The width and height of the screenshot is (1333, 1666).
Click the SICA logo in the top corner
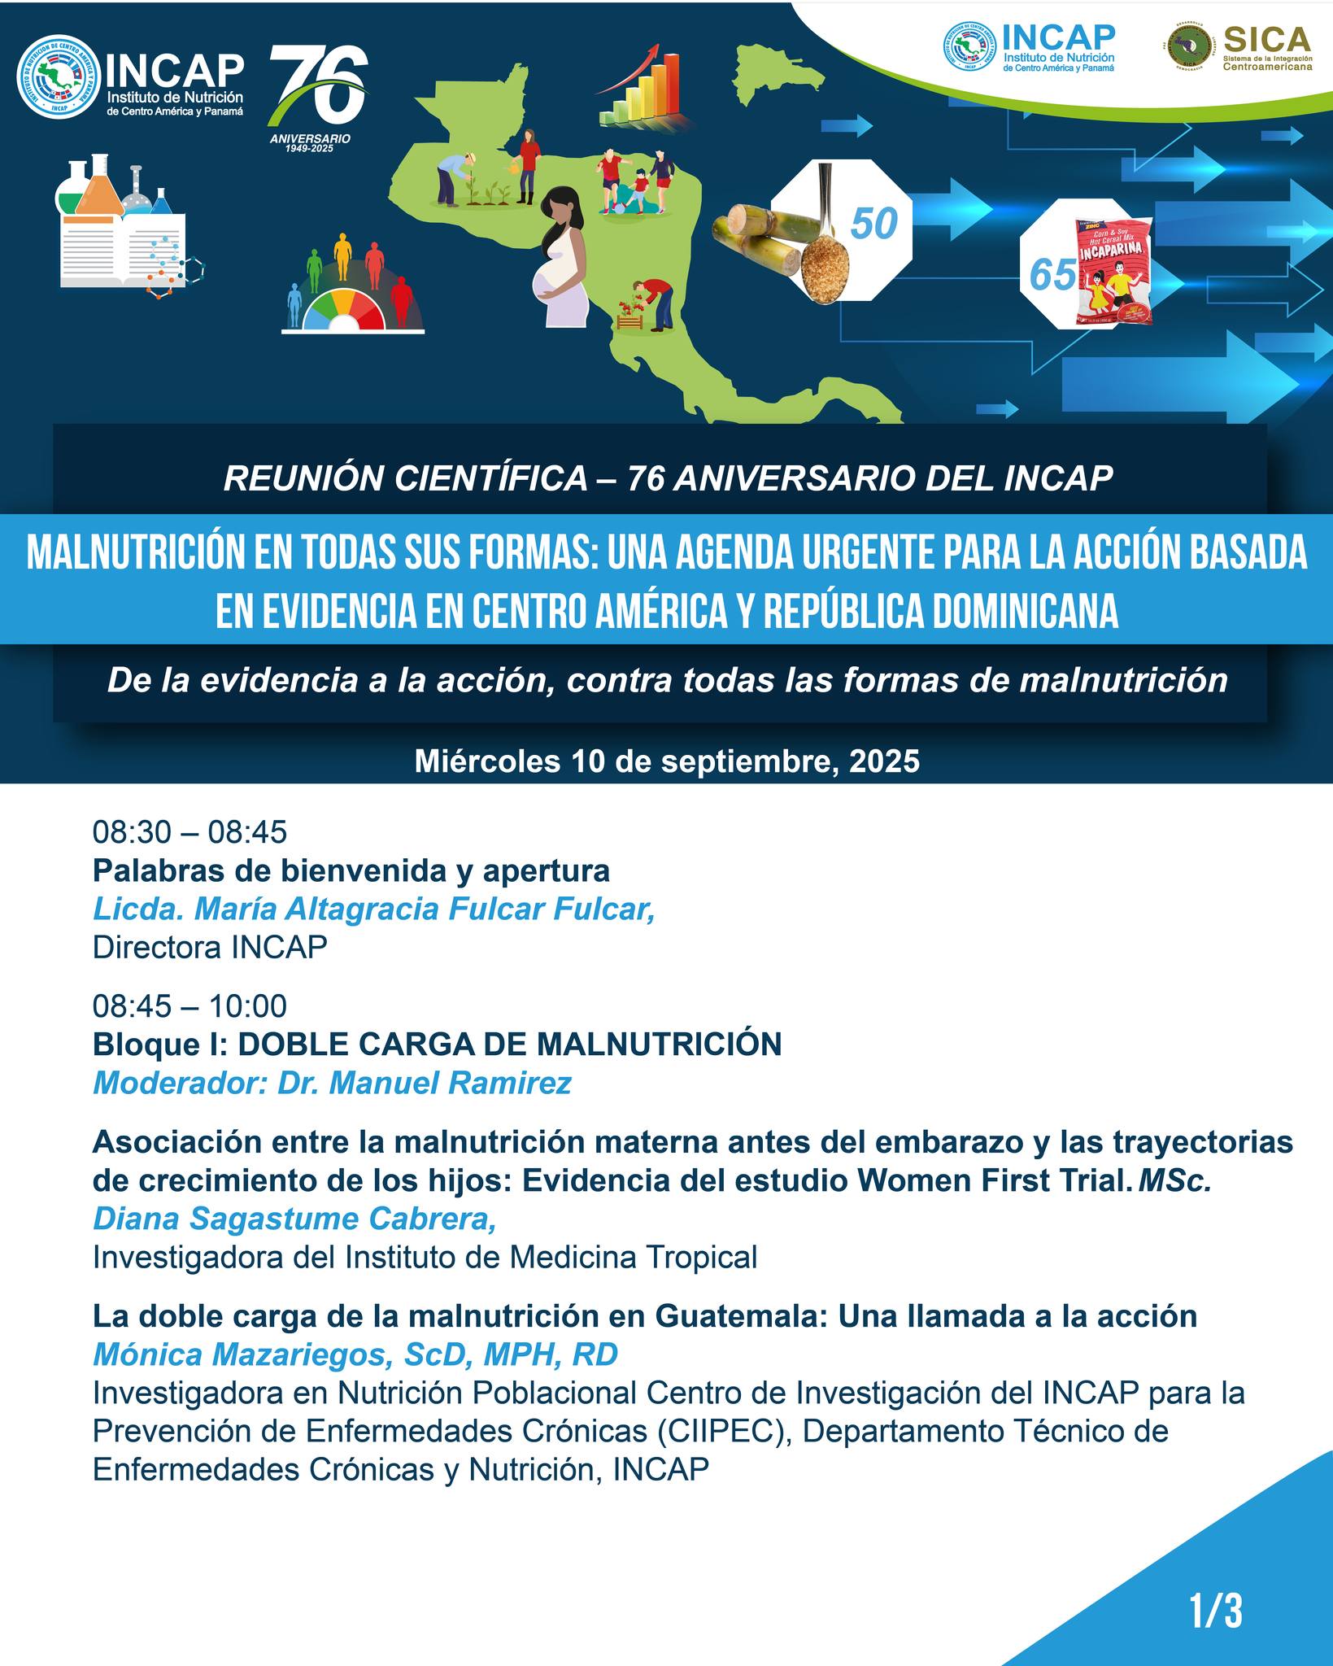pyautogui.click(x=1239, y=47)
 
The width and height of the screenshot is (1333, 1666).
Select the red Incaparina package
pyautogui.click(x=1116, y=273)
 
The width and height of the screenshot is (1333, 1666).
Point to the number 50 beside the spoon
pyautogui.click(x=873, y=224)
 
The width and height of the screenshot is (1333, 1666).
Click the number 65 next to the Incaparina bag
pyautogui.click(x=1052, y=275)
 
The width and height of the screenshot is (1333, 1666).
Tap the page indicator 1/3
pyautogui.click(x=1215, y=1611)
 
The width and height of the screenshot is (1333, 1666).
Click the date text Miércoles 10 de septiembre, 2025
pyautogui.click(x=667, y=761)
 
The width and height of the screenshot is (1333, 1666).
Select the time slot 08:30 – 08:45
pyautogui.click(x=189, y=832)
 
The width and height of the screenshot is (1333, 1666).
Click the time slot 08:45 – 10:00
pyautogui.click(x=189, y=1006)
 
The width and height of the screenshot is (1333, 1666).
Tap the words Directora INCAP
pyautogui.click(x=210, y=947)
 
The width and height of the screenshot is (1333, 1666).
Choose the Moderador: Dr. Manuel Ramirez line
pyautogui.click(x=332, y=1083)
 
